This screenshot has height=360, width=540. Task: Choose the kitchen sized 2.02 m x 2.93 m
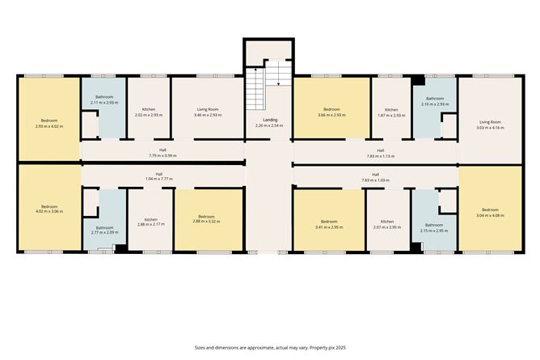tap(148, 112)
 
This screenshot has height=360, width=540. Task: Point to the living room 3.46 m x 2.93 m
tap(206, 112)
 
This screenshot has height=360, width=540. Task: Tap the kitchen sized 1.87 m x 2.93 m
tap(391, 112)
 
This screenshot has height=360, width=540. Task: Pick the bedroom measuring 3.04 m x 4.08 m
tap(491, 212)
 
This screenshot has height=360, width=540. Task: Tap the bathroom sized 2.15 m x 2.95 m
tap(434, 227)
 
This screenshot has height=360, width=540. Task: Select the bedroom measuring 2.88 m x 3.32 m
tap(207, 219)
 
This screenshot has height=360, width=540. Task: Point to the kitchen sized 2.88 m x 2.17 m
tap(150, 222)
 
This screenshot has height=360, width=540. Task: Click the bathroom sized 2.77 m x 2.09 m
tap(104, 231)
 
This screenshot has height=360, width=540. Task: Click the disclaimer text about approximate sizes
tap(269, 347)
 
